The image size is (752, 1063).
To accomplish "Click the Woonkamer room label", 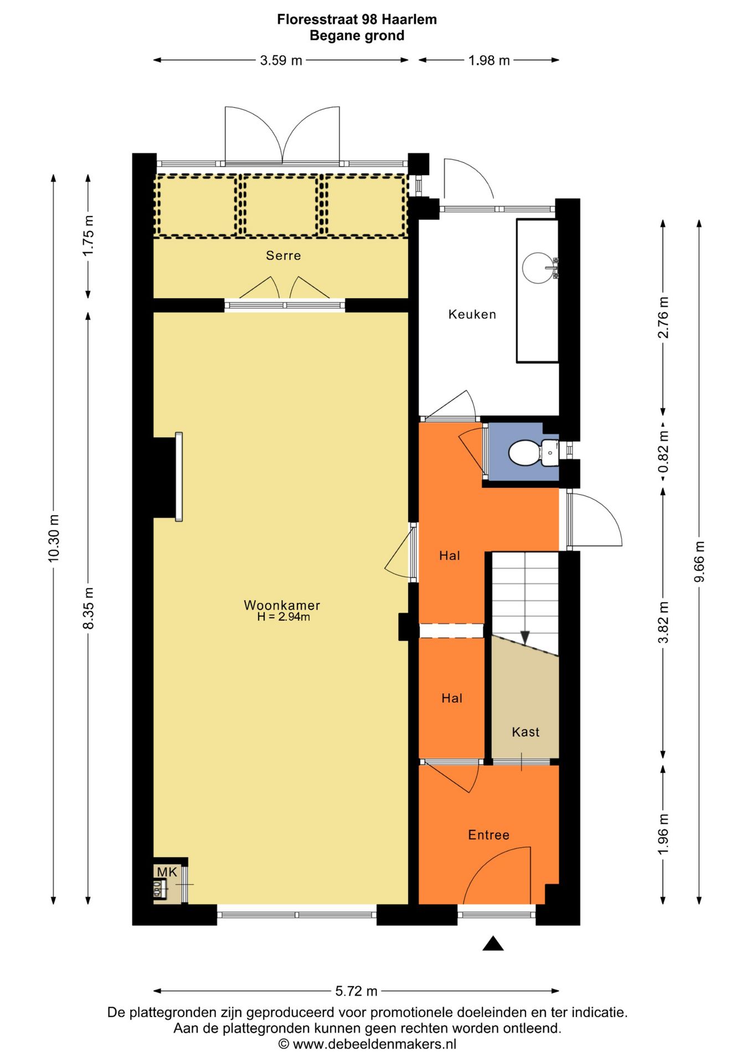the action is (x=282, y=605).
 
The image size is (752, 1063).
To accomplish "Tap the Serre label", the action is (x=284, y=255).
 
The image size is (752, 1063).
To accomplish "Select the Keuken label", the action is (x=472, y=314).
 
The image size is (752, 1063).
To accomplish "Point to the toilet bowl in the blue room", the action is (x=524, y=452).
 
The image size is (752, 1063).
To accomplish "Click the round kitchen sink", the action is (x=537, y=268).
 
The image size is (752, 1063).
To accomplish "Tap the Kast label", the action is (x=526, y=732).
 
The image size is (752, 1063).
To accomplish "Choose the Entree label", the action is (x=488, y=835).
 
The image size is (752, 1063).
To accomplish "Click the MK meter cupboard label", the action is (x=167, y=872).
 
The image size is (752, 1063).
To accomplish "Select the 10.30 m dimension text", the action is (x=53, y=538).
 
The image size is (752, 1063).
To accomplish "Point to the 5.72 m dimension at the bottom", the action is (x=357, y=990).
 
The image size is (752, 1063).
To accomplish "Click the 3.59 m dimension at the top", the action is (x=281, y=60).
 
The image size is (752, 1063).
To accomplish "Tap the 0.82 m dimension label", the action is (x=663, y=452).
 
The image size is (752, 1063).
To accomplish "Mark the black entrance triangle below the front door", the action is (x=493, y=943).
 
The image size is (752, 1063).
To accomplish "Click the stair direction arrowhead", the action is (x=525, y=638).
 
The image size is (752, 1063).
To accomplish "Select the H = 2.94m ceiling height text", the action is (x=284, y=617).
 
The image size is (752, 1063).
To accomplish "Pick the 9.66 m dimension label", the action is (x=699, y=561).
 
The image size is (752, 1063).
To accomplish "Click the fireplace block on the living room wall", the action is (x=164, y=478).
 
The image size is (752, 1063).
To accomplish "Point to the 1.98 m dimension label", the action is (x=489, y=60).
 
